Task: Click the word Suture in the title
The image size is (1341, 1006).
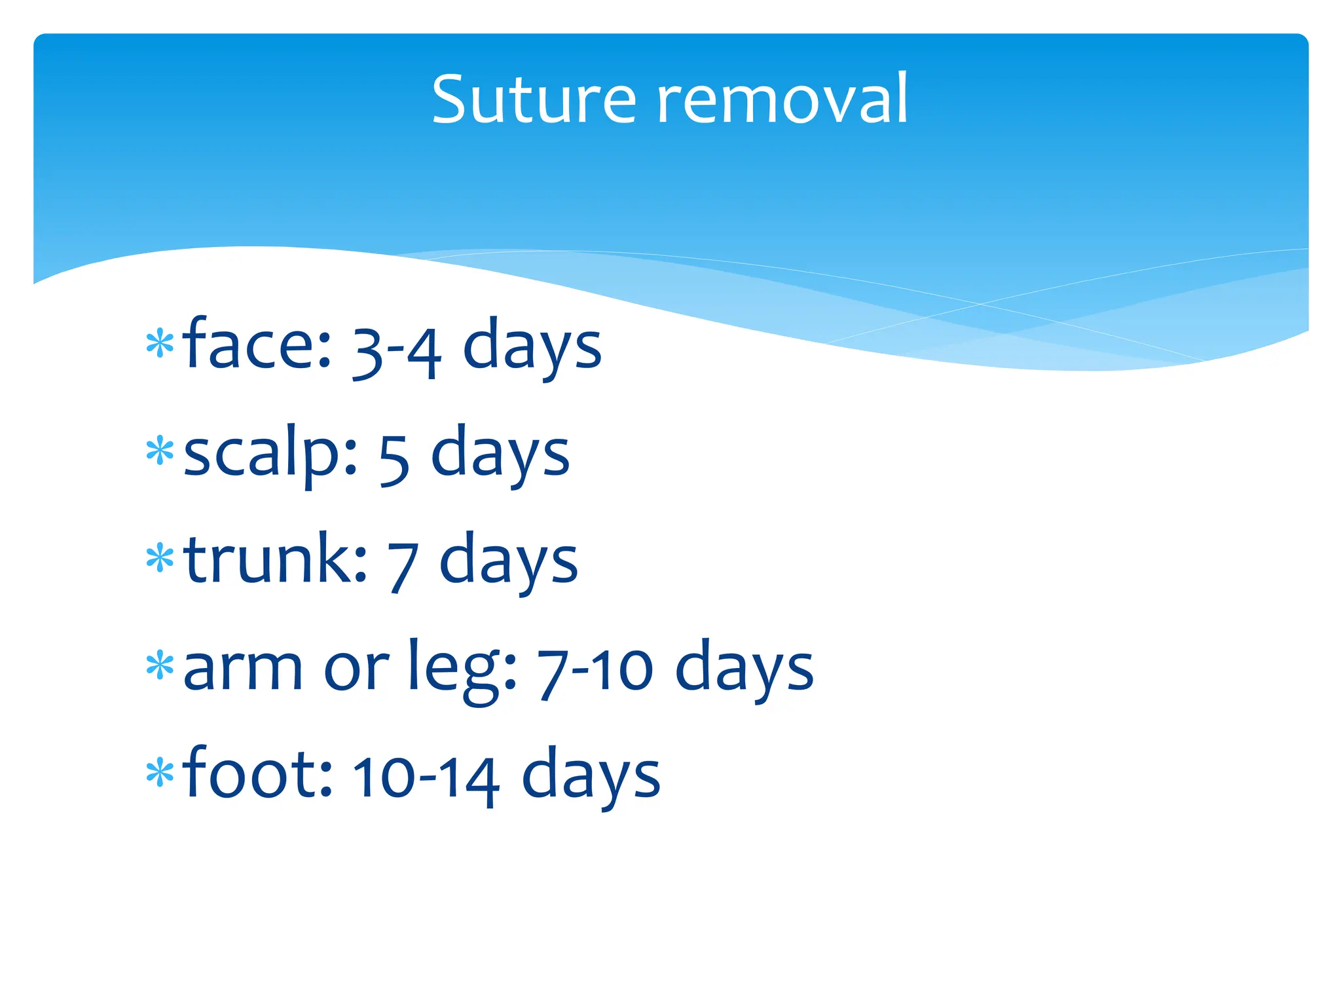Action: (534, 100)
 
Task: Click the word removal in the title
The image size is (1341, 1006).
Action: (782, 100)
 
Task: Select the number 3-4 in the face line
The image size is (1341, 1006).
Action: (397, 350)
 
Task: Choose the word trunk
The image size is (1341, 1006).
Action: (275, 560)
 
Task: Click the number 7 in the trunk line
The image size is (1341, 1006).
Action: (402, 567)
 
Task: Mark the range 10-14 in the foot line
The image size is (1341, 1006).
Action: (426, 779)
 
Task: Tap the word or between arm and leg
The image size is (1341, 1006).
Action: (356, 671)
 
